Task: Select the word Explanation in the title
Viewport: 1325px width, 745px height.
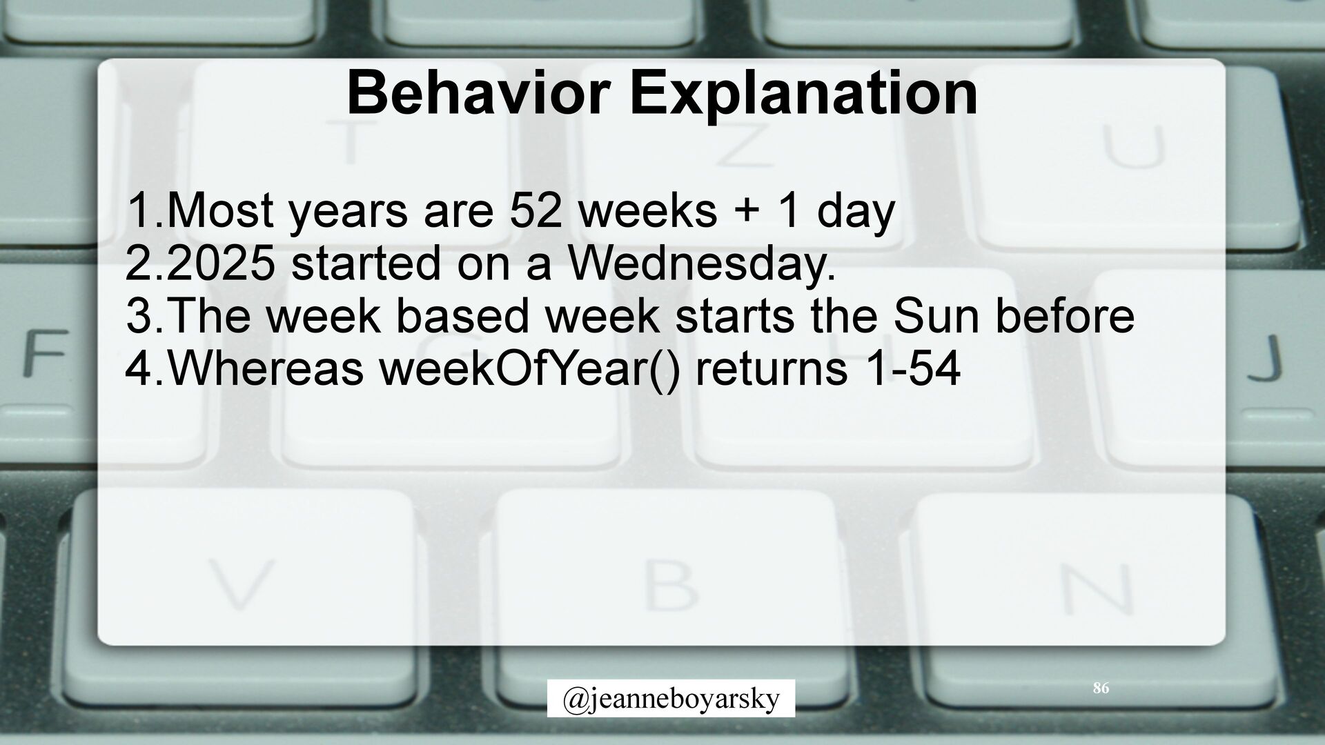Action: (x=803, y=95)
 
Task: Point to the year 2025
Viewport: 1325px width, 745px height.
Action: (x=220, y=264)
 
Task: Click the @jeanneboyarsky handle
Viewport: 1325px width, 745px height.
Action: (x=671, y=699)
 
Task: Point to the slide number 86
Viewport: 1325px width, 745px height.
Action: (x=1101, y=688)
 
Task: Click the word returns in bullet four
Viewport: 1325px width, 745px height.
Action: (x=772, y=368)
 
